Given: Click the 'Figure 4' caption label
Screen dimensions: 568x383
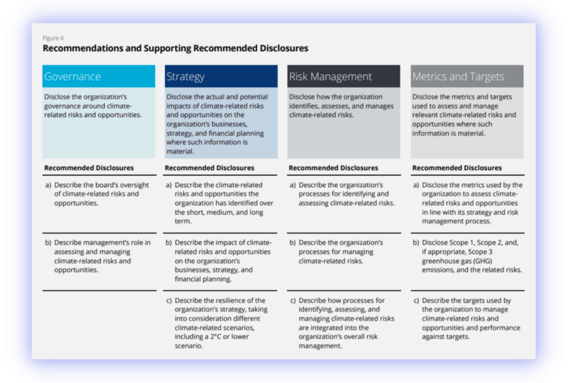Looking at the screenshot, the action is [x=53, y=38].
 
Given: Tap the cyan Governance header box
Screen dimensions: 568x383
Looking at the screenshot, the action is [x=99, y=76].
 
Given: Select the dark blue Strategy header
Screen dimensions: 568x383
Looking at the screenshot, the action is [x=221, y=76].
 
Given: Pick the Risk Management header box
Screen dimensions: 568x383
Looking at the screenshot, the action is [x=344, y=76].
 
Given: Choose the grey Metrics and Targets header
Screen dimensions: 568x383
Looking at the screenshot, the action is [x=467, y=76].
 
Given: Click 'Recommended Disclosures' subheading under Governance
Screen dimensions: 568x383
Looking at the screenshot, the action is [x=89, y=168].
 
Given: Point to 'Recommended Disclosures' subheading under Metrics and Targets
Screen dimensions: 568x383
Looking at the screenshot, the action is [x=457, y=168].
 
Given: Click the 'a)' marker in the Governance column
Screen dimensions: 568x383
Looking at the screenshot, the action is [x=48, y=185].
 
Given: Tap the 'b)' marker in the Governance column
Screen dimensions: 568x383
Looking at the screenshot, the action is [x=48, y=243].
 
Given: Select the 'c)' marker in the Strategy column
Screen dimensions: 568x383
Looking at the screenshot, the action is [x=169, y=301].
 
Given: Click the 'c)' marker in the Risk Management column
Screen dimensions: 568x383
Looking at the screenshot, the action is [x=293, y=301].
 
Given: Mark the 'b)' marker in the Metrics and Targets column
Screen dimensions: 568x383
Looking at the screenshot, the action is [x=416, y=243].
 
